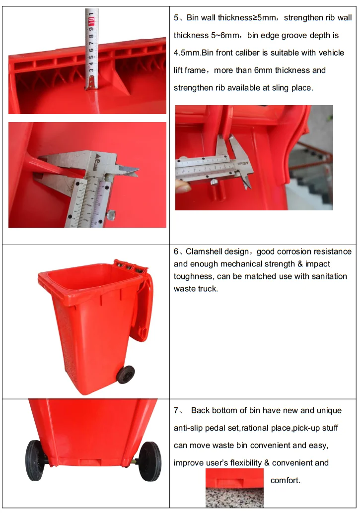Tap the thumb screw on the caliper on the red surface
[111, 215]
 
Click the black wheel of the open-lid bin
[126, 375]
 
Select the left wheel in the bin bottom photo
[35, 460]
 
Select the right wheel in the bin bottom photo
[150, 461]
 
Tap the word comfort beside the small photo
[285, 480]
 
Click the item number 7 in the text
[176, 411]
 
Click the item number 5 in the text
[176, 18]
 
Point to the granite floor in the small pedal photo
[234, 498]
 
